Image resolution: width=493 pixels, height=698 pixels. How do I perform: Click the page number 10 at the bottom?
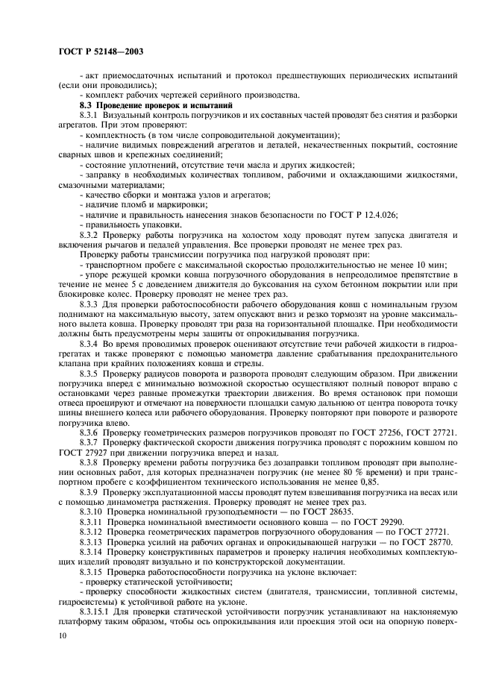(x=63, y=636)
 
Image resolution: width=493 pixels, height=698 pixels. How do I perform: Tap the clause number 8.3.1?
(x=90, y=116)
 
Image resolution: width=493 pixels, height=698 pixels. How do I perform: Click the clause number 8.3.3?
(x=90, y=305)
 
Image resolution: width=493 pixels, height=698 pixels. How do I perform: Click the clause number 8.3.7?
(x=90, y=443)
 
